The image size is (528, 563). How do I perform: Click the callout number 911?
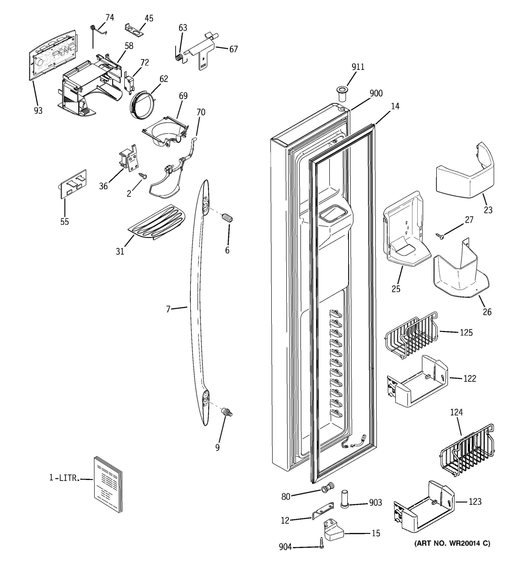click(x=358, y=67)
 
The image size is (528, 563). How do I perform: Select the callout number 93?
click(x=38, y=111)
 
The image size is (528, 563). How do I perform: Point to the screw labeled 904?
click(x=321, y=543)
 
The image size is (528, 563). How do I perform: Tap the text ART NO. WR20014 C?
click(x=452, y=543)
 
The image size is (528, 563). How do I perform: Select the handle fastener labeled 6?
click(x=227, y=219)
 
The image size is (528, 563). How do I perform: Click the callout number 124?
click(x=456, y=412)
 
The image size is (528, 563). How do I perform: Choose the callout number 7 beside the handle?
click(x=168, y=309)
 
